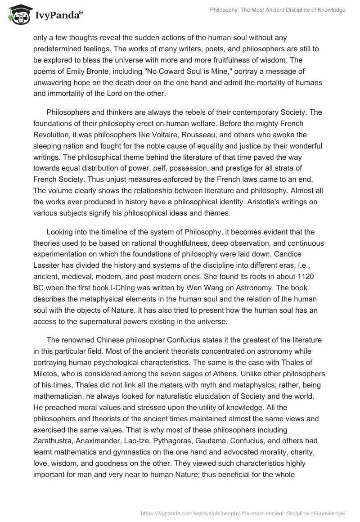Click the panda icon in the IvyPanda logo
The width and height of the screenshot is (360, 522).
(x=18, y=16)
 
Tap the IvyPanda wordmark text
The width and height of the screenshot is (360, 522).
(x=57, y=16)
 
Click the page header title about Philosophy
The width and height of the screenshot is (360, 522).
(x=278, y=10)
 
